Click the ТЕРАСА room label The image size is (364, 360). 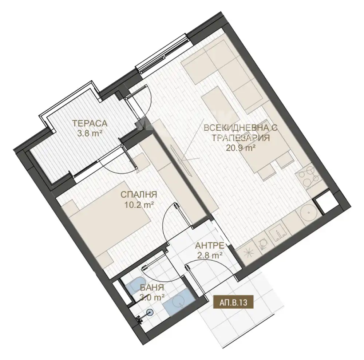coord(90,123)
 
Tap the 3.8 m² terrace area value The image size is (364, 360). coord(90,134)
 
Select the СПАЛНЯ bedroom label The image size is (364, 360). coord(139,194)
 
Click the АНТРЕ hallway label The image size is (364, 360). coord(209,245)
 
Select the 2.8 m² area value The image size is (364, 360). coord(210,255)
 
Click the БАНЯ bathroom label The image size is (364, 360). coord(152,287)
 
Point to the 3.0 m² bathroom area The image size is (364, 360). coord(152,297)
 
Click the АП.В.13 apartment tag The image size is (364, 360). coord(233,302)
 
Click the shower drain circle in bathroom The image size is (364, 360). coord(150,313)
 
